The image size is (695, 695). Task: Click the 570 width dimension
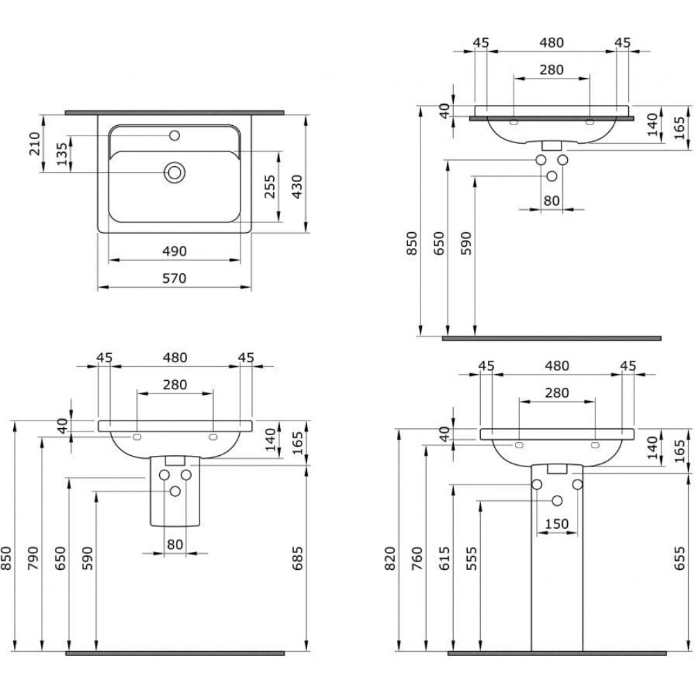click(x=174, y=279)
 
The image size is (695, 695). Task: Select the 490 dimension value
click(x=174, y=252)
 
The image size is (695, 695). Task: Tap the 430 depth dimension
click(x=297, y=186)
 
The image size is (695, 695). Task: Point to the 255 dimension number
click(x=270, y=186)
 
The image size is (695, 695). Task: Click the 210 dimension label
click(x=34, y=143)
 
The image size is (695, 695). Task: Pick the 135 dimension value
click(x=62, y=154)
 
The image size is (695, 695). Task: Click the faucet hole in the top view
click(x=175, y=136)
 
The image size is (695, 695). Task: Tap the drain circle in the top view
click(x=174, y=172)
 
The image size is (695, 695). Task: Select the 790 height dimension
click(x=33, y=559)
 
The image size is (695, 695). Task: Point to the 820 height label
click(x=390, y=559)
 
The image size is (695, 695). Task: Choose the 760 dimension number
click(x=418, y=559)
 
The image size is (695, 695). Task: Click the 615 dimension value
click(x=445, y=559)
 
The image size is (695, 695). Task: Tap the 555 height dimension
click(x=472, y=559)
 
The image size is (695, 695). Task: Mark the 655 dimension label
click(x=680, y=559)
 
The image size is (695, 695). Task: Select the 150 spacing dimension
click(x=557, y=524)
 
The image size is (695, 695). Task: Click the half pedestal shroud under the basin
click(x=175, y=491)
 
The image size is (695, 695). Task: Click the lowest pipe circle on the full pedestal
click(x=557, y=501)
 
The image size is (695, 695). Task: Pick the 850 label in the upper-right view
click(x=412, y=243)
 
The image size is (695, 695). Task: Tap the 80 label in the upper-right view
click(x=551, y=201)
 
